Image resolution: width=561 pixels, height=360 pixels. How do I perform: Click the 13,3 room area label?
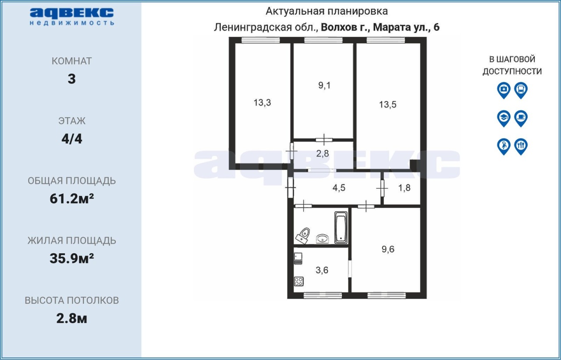coord(262,102)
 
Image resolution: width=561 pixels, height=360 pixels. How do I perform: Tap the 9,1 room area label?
coord(324,85)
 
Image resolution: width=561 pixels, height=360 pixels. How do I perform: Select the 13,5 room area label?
coord(388,104)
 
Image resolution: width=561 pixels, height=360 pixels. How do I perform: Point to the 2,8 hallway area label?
coord(322,153)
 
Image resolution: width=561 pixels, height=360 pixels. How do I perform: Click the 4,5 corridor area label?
coord(339,188)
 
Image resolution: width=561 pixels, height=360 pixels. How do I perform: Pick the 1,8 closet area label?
coord(404,188)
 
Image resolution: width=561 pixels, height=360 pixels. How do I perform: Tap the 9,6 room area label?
coord(388,249)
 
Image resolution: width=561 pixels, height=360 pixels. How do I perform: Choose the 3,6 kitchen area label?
coord(322,270)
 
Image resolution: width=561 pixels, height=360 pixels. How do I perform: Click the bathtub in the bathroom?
coord(341,228)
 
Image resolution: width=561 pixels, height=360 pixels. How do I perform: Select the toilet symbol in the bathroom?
coord(303,236)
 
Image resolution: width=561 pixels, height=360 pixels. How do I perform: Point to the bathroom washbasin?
coord(323,239)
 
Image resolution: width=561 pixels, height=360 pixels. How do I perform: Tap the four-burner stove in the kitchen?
coord(299,282)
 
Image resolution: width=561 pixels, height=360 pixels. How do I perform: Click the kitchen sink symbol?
coord(298,258)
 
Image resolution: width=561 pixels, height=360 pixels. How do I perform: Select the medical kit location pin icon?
coord(504,90)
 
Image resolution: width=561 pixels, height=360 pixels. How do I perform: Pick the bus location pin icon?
coord(521,90)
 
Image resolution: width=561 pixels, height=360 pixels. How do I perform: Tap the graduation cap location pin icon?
coord(504,119)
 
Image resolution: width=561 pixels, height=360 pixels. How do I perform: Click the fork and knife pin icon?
coord(521,147)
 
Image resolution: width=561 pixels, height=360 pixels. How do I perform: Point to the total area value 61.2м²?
coord(72,199)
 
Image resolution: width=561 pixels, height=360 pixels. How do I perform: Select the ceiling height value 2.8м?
coord(71,318)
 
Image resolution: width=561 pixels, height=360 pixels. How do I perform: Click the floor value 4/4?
coord(72,139)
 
